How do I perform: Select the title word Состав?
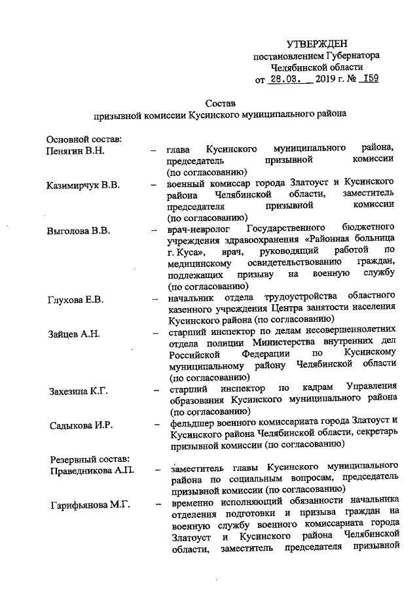[x=219, y=103]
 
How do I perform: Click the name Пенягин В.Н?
[x=76, y=151]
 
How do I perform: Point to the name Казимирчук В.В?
[x=82, y=186]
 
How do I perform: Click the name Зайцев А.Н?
[x=73, y=334]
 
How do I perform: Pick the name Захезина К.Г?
[x=78, y=391]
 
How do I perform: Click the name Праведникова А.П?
[x=90, y=470]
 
